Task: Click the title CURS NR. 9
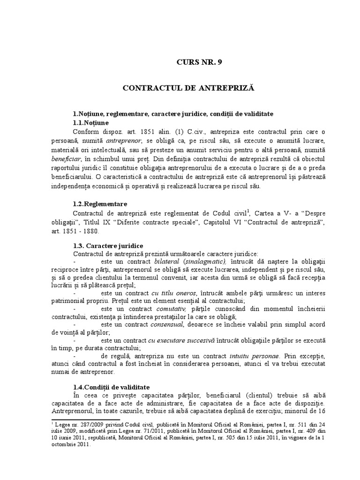[x=197, y=62]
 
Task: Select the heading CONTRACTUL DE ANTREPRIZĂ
[x=197, y=88]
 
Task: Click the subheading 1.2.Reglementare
[x=100, y=204]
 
